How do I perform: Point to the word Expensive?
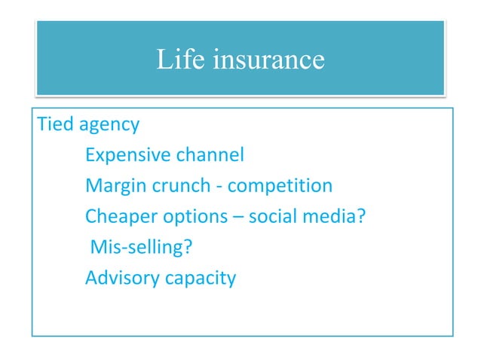pos(127,157)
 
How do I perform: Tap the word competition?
pos(280,186)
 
